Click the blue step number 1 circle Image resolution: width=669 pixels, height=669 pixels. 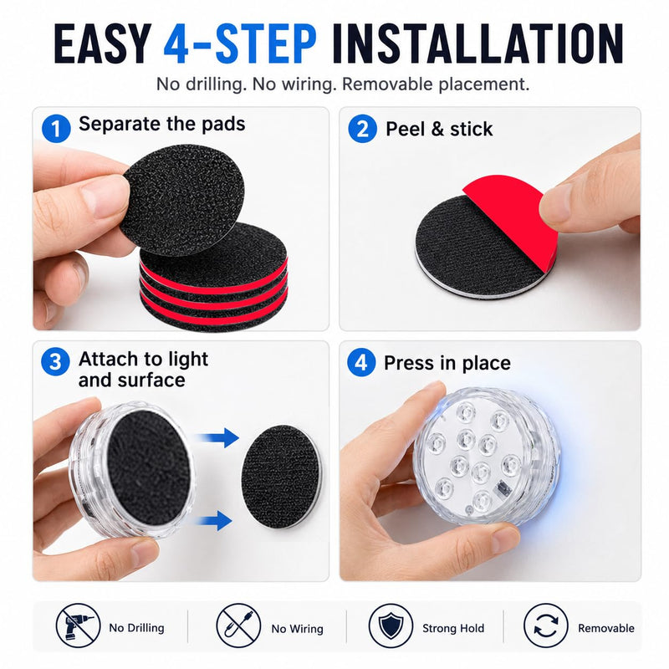point(56,129)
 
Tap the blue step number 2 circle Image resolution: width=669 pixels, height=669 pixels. point(362,129)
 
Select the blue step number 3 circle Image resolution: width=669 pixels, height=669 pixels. point(55,362)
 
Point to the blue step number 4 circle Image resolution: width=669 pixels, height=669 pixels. point(361,362)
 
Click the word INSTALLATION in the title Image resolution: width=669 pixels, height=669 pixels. point(477,43)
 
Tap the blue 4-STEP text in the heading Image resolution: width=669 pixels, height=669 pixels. point(240,43)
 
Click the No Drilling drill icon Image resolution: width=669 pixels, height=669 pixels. point(78,626)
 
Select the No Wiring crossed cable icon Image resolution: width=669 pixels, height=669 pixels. point(238,626)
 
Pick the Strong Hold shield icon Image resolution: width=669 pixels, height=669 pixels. point(391,626)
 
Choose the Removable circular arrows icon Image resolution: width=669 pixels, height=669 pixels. point(546,626)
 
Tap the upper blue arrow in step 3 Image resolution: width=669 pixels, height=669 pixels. point(217,437)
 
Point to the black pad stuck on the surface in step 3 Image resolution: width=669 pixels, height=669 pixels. point(281,476)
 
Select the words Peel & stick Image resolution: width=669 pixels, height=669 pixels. point(439,129)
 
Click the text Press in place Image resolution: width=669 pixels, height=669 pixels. point(447,363)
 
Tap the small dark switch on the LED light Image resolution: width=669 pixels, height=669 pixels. point(500,488)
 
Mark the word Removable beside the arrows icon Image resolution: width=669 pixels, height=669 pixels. point(605,628)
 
